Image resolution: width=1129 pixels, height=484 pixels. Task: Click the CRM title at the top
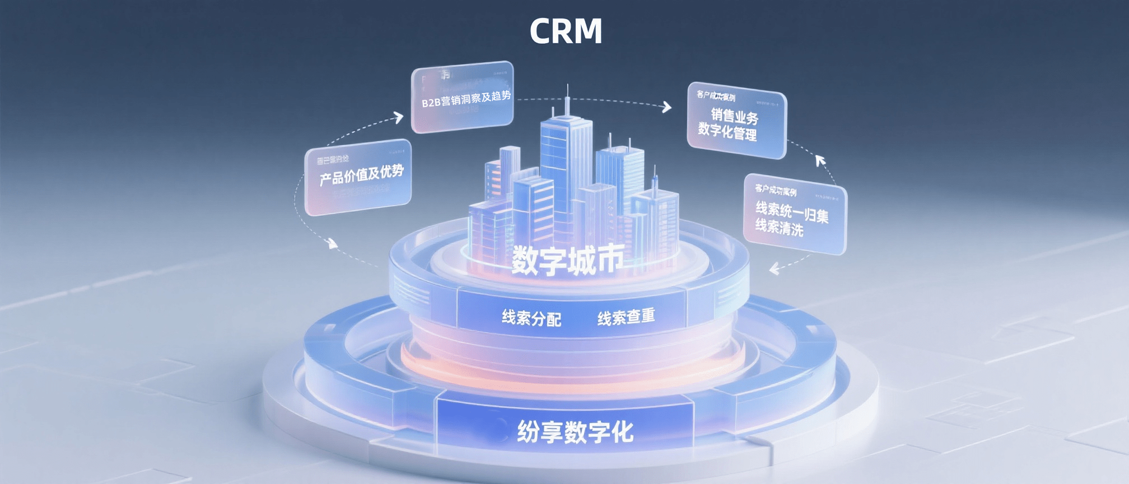coord(566,31)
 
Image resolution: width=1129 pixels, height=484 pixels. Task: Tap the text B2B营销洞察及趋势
coord(466,99)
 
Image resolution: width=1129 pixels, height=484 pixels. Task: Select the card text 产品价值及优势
coord(361,175)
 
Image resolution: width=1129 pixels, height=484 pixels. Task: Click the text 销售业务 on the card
coord(734,116)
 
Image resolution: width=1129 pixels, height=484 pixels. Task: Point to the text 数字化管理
coord(727,132)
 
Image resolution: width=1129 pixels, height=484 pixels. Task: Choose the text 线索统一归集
coord(791,212)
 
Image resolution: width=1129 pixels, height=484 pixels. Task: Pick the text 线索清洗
coord(779,227)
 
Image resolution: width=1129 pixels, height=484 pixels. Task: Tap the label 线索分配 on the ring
coord(531,318)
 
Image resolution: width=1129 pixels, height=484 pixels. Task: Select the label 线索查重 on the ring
coord(626,317)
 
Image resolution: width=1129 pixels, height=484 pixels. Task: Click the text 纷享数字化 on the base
coord(575,432)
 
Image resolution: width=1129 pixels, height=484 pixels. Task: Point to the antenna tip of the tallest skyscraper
coord(567,86)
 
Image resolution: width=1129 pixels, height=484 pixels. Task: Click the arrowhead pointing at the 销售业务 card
coord(666,106)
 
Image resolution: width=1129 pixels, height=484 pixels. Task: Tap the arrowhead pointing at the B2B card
coord(398,117)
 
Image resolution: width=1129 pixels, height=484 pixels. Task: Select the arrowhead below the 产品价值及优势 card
coord(333,244)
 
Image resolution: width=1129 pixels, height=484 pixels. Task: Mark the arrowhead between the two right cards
coord(820,161)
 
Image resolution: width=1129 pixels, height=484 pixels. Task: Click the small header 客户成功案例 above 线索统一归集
coord(775,190)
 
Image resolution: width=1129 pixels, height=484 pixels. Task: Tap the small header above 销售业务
coord(716,96)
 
